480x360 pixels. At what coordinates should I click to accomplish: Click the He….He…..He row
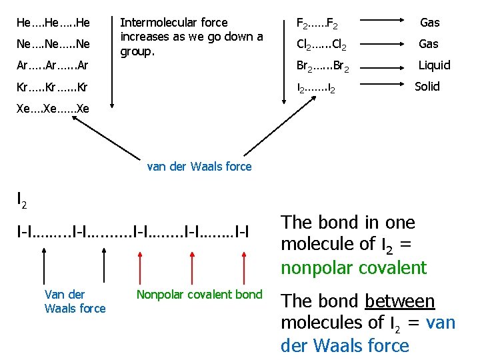pos(53,23)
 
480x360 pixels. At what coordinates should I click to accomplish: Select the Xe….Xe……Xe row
pos(53,108)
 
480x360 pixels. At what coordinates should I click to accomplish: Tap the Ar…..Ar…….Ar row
pos(53,65)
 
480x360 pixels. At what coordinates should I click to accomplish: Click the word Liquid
pos(434,65)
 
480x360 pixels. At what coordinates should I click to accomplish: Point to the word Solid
pos(427,86)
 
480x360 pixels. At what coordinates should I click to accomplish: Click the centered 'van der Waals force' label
pos(199,167)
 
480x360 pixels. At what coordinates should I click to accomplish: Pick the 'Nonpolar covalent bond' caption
pos(199,295)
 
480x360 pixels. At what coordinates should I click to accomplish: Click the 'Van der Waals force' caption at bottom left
pos(75,301)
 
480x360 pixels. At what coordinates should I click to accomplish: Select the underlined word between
pos(400,301)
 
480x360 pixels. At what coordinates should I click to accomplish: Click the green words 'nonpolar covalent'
pos(353,268)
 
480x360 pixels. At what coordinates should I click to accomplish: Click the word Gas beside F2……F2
pos(429,23)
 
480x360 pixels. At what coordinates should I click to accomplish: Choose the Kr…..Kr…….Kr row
pos(53,87)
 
